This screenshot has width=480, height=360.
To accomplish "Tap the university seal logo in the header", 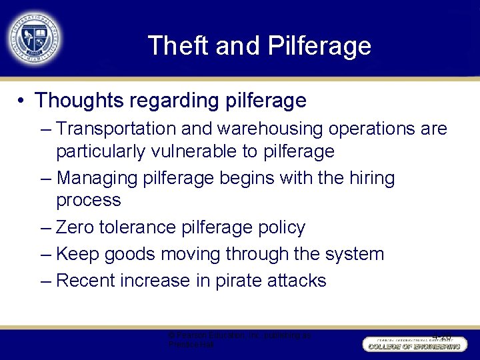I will coord(34,37).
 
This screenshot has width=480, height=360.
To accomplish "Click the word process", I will coord(89,200).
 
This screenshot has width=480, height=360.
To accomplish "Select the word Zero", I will coord(75,227).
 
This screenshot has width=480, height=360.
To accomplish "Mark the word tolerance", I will coord(138,227).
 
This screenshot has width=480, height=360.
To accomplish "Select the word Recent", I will coord(86,281).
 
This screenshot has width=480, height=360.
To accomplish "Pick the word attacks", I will coord(297,281).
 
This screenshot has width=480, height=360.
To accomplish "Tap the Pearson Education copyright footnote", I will coord(239,339).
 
